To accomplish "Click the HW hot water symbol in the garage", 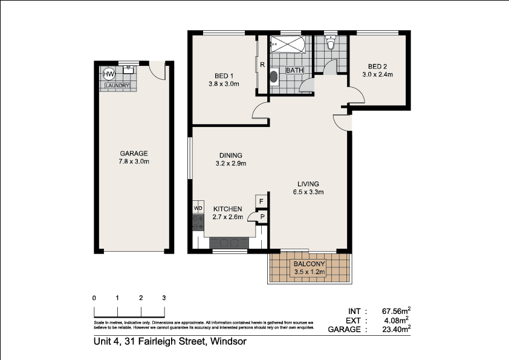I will click(109, 74).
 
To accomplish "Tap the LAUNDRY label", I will click(117, 86).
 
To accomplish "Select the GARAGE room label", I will click(134, 154).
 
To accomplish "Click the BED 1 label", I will click(224, 76).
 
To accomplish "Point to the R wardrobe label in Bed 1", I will click(262, 65).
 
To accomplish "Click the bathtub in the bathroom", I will click(289, 44).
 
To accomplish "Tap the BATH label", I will click(294, 70).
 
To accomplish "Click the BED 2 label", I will click(377, 67).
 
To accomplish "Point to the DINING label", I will click(230, 155).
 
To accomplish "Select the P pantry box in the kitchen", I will click(262, 216).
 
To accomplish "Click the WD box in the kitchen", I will click(198, 209).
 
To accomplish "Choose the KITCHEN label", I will click(227, 209).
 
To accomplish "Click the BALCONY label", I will click(309, 264).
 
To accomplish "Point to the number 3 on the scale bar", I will click(164, 298).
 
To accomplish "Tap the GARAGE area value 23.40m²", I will click(396, 329).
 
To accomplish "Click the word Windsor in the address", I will click(228, 342).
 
